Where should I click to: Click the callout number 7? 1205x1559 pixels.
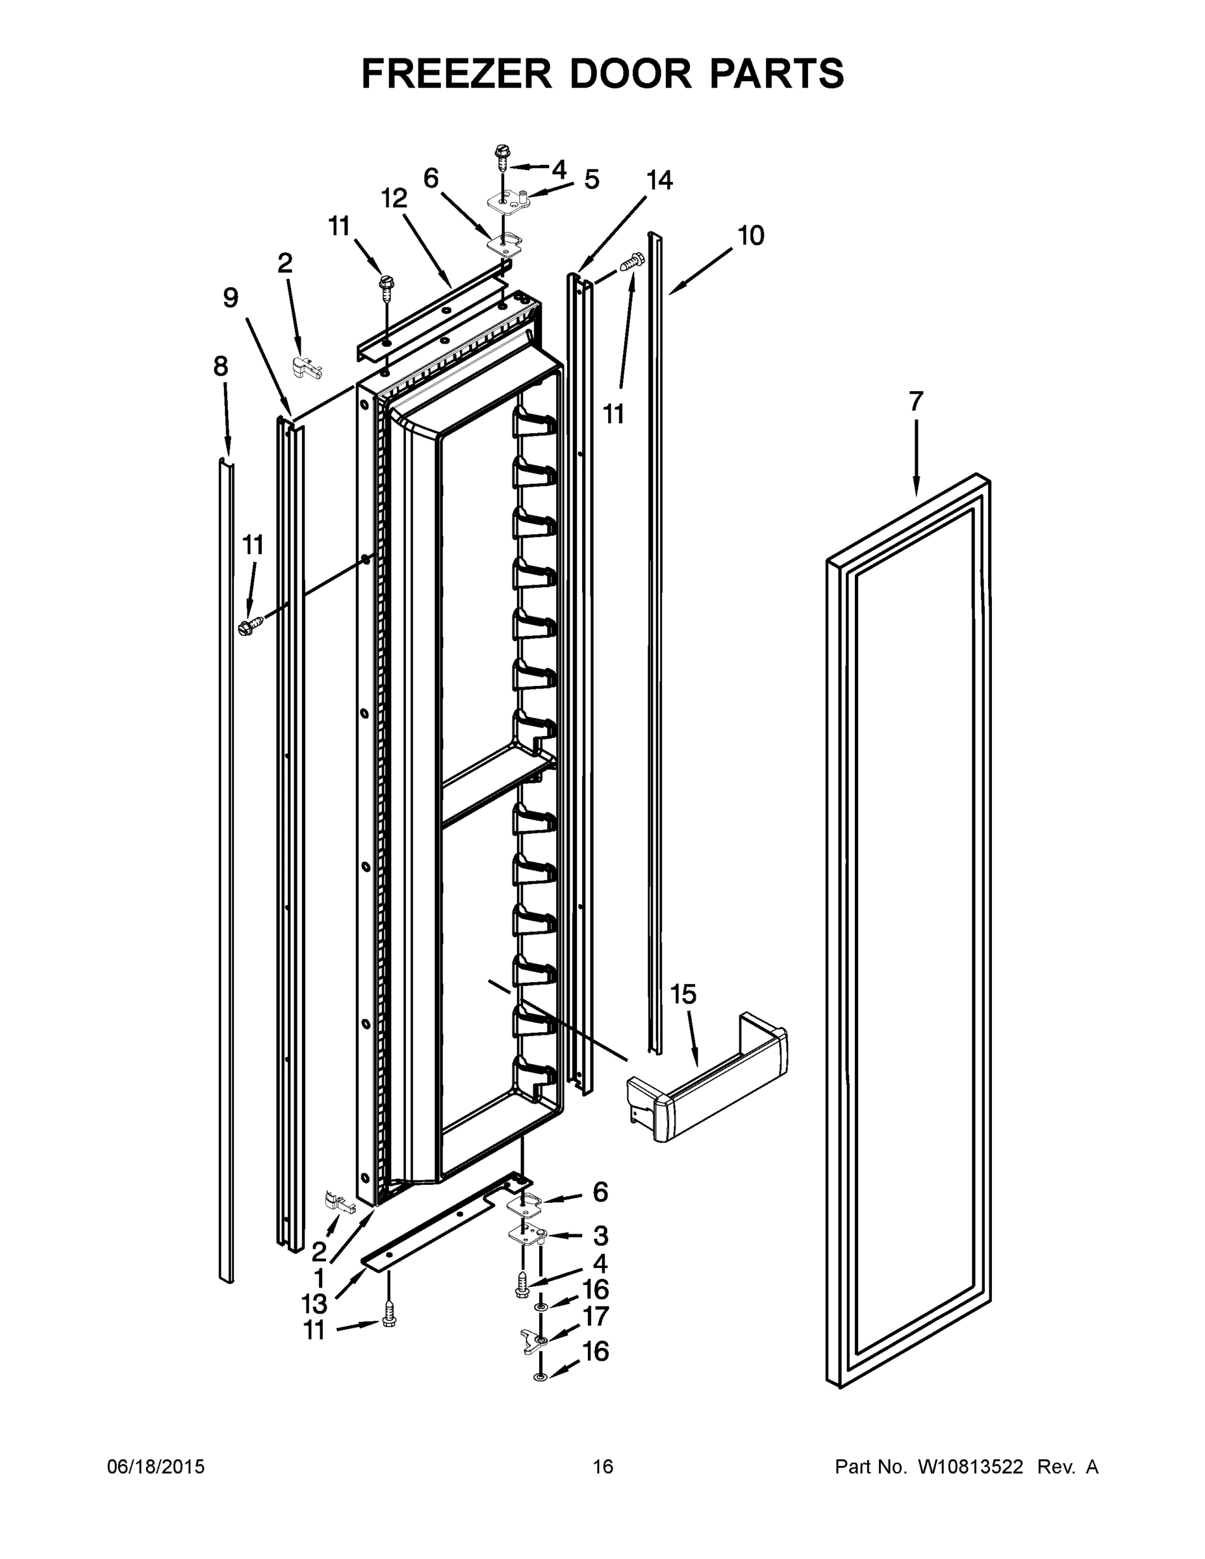coord(917,401)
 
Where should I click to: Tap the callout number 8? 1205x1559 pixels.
coord(221,366)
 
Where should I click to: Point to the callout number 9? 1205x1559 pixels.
coord(230,298)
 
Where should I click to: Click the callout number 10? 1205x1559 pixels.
coord(750,235)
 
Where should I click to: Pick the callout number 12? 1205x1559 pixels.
coord(394,197)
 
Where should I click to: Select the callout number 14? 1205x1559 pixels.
coord(659,181)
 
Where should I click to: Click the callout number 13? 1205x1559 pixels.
coord(314,1304)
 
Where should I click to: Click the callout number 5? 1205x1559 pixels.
coord(592,180)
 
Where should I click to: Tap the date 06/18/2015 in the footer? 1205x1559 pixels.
coord(156,1467)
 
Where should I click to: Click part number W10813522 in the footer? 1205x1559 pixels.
coord(969,1467)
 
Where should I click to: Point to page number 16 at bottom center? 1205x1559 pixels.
coord(603,1467)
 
